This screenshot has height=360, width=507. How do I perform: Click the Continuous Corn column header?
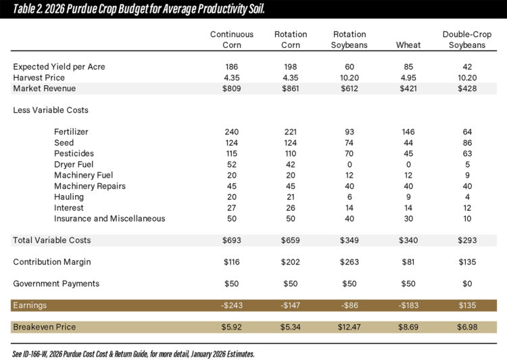(232, 40)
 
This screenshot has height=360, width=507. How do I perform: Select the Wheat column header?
(408, 45)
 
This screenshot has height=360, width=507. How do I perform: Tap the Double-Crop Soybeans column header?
(464, 40)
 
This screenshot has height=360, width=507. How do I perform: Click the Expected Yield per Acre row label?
(59, 67)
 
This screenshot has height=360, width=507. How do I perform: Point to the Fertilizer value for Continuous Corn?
(232, 132)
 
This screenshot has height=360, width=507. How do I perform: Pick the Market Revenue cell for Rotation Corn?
(291, 88)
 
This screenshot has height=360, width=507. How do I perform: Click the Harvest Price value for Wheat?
(408, 78)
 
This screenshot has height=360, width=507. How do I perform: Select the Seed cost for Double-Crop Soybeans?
(464, 143)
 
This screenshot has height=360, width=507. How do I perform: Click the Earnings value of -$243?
(232, 305)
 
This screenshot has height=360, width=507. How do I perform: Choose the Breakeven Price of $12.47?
(349, 327)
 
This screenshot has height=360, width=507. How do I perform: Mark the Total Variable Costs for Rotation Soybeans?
(349, 240)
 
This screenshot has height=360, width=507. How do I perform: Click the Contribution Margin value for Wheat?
(408, 261)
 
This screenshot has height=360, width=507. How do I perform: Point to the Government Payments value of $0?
(464, 284)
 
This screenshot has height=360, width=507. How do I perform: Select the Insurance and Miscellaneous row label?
(110, 218)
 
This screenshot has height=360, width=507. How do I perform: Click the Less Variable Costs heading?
(51, 110)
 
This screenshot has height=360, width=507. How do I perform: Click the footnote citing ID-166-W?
(132, 353)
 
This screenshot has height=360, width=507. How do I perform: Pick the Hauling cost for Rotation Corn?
(291, 197)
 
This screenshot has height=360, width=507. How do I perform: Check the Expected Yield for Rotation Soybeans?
(349, 67)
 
